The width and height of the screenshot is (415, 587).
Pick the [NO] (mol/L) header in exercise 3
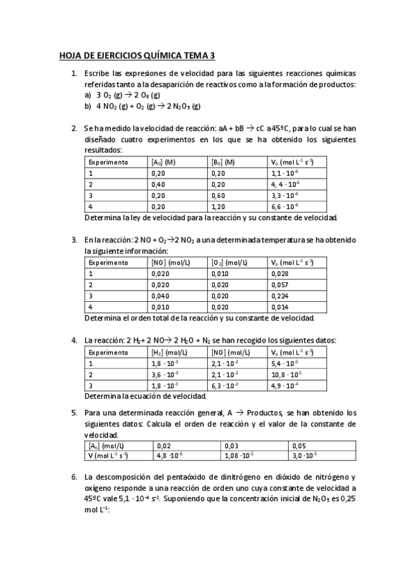tap(169, 262)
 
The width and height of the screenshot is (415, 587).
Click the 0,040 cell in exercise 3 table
tap(160, 296)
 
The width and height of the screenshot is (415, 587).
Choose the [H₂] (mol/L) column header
tap(169, 352)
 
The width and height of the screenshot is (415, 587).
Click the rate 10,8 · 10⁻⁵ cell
tap(286, 374)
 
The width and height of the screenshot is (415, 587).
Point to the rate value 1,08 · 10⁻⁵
tap(240, 455)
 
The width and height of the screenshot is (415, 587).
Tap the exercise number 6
tap(74, 478)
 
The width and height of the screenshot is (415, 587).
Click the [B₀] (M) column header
tap(224, 162)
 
